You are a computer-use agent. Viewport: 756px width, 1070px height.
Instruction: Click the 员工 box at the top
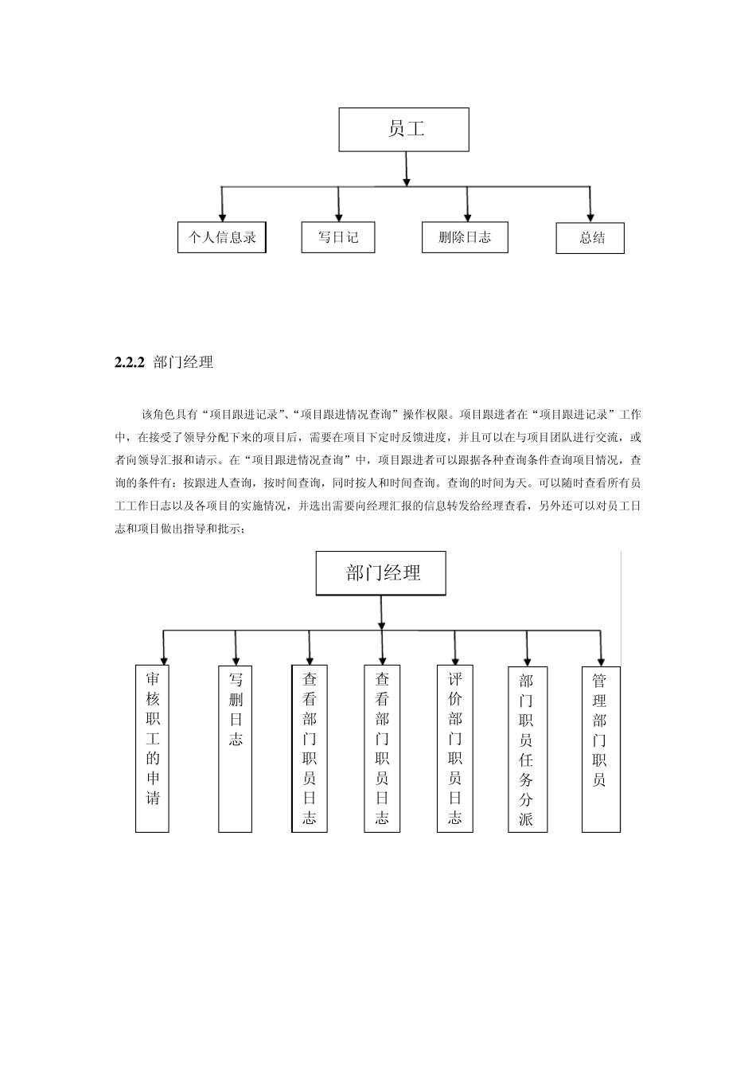[403, 129]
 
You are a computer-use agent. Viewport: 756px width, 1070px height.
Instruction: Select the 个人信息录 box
[221, 237]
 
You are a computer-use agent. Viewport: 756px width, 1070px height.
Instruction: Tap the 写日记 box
[338, 237]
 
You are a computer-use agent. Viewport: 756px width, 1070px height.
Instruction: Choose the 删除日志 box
[465, 237]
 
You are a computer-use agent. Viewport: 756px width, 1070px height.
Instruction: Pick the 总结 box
[590, 238]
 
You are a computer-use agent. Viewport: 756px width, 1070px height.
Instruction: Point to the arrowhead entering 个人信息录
[222, 217]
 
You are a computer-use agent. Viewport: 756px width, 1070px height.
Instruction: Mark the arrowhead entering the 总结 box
[590, 217]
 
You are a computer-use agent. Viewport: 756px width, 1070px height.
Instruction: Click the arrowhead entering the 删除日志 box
[467, 217]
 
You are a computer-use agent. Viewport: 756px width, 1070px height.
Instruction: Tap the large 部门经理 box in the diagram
[381, 573]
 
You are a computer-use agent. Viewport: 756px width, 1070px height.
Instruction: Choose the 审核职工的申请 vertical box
[152, 748]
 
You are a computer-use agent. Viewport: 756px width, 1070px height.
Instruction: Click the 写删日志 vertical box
[236, 748]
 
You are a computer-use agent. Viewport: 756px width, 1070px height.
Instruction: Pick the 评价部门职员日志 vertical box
[455, 748]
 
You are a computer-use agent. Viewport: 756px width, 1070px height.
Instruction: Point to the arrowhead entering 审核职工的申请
[164, 659]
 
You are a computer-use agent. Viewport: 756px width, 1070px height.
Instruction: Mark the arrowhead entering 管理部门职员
[601, 660]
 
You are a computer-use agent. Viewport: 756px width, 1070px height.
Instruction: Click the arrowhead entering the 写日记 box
[339, 217]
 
